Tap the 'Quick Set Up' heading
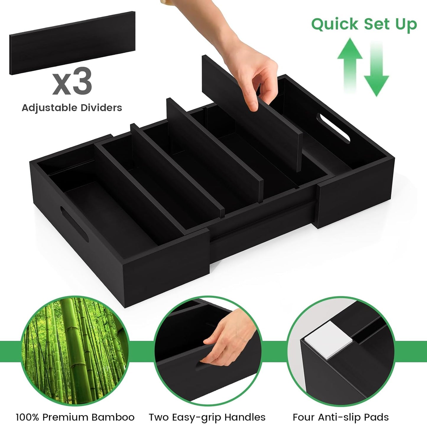(364, 24)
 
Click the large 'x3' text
(72, 81)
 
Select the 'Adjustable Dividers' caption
(72, 108)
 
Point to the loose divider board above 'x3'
(72, 43)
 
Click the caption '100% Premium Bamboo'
(75, 417)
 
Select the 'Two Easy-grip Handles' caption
(207, 417)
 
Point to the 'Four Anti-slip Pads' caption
(340, 417)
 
